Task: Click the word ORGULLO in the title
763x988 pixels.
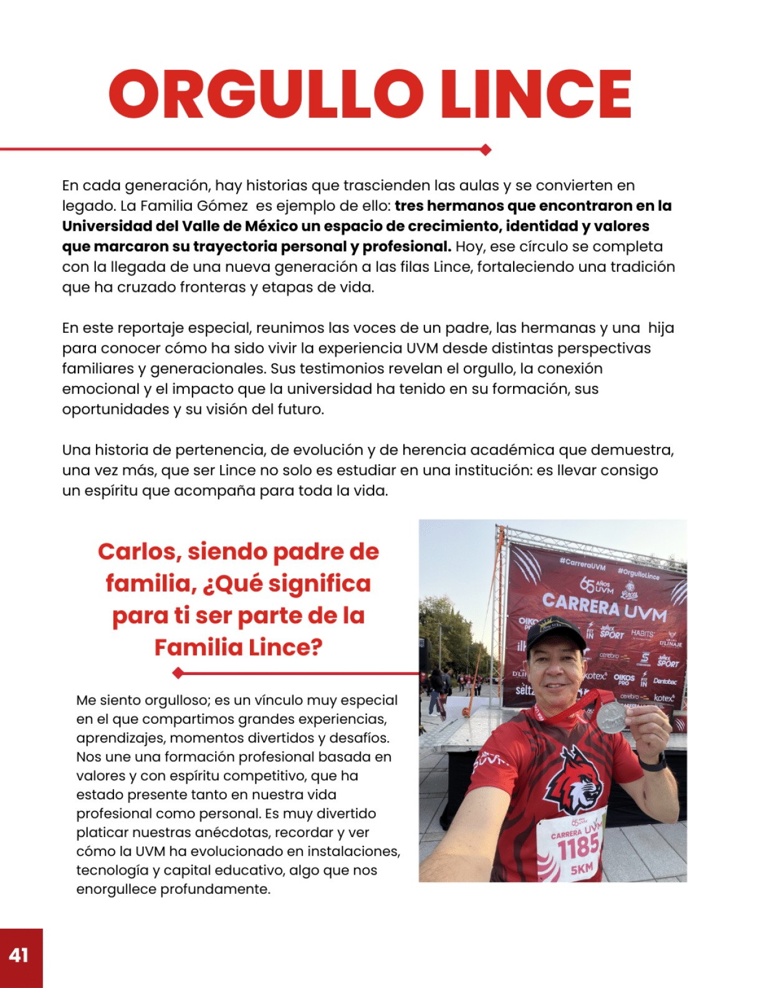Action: tap(266, 94)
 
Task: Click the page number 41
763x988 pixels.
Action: tap(19, 955)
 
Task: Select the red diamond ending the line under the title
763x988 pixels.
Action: tap(486, 150)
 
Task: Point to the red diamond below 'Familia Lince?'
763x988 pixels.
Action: tap(178, 673)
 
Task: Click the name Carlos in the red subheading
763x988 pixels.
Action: tap(140, 552)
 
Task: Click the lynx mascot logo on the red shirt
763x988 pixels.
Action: tap(570, 782)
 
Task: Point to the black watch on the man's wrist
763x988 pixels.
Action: tap(653, 762)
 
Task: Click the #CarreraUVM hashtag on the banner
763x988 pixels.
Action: tap(582, 564)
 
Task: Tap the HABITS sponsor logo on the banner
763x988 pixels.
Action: tap(642, 633)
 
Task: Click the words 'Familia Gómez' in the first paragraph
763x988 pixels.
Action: tap(194, 206)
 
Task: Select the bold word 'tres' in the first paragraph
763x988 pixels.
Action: tap(409, 206)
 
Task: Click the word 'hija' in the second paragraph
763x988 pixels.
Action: tap(661, 328)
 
